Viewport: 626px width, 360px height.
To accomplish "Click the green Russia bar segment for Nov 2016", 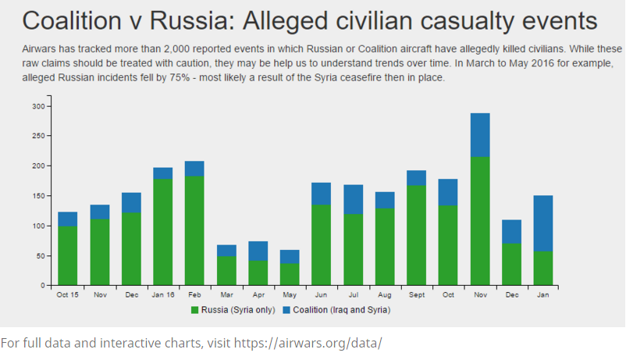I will point(480,221).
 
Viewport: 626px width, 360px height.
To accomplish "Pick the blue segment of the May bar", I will point(290,256).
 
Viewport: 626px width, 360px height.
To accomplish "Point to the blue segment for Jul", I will point(353,199).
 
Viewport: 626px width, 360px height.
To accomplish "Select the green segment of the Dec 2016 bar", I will point(512,264).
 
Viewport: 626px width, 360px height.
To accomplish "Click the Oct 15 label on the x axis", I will point(67,295).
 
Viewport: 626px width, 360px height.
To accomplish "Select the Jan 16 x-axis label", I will point(162,295).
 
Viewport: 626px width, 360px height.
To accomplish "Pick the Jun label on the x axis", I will point(321,295).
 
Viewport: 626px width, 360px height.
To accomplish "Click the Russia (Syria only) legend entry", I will point(235,310).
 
